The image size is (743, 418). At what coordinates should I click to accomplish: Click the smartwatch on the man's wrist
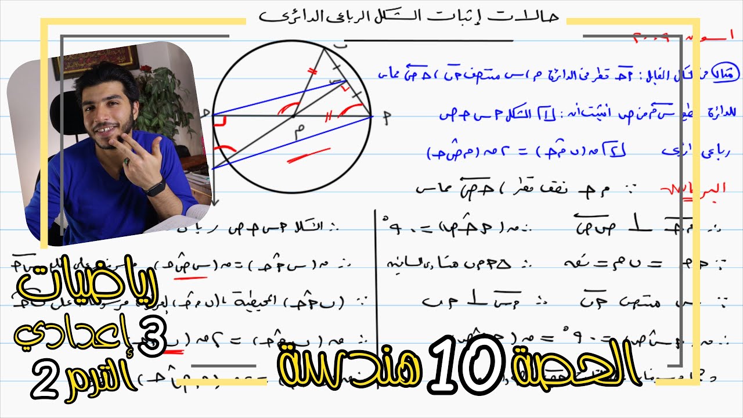[155, 187]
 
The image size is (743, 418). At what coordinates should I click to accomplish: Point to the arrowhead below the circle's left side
[215, 202]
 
